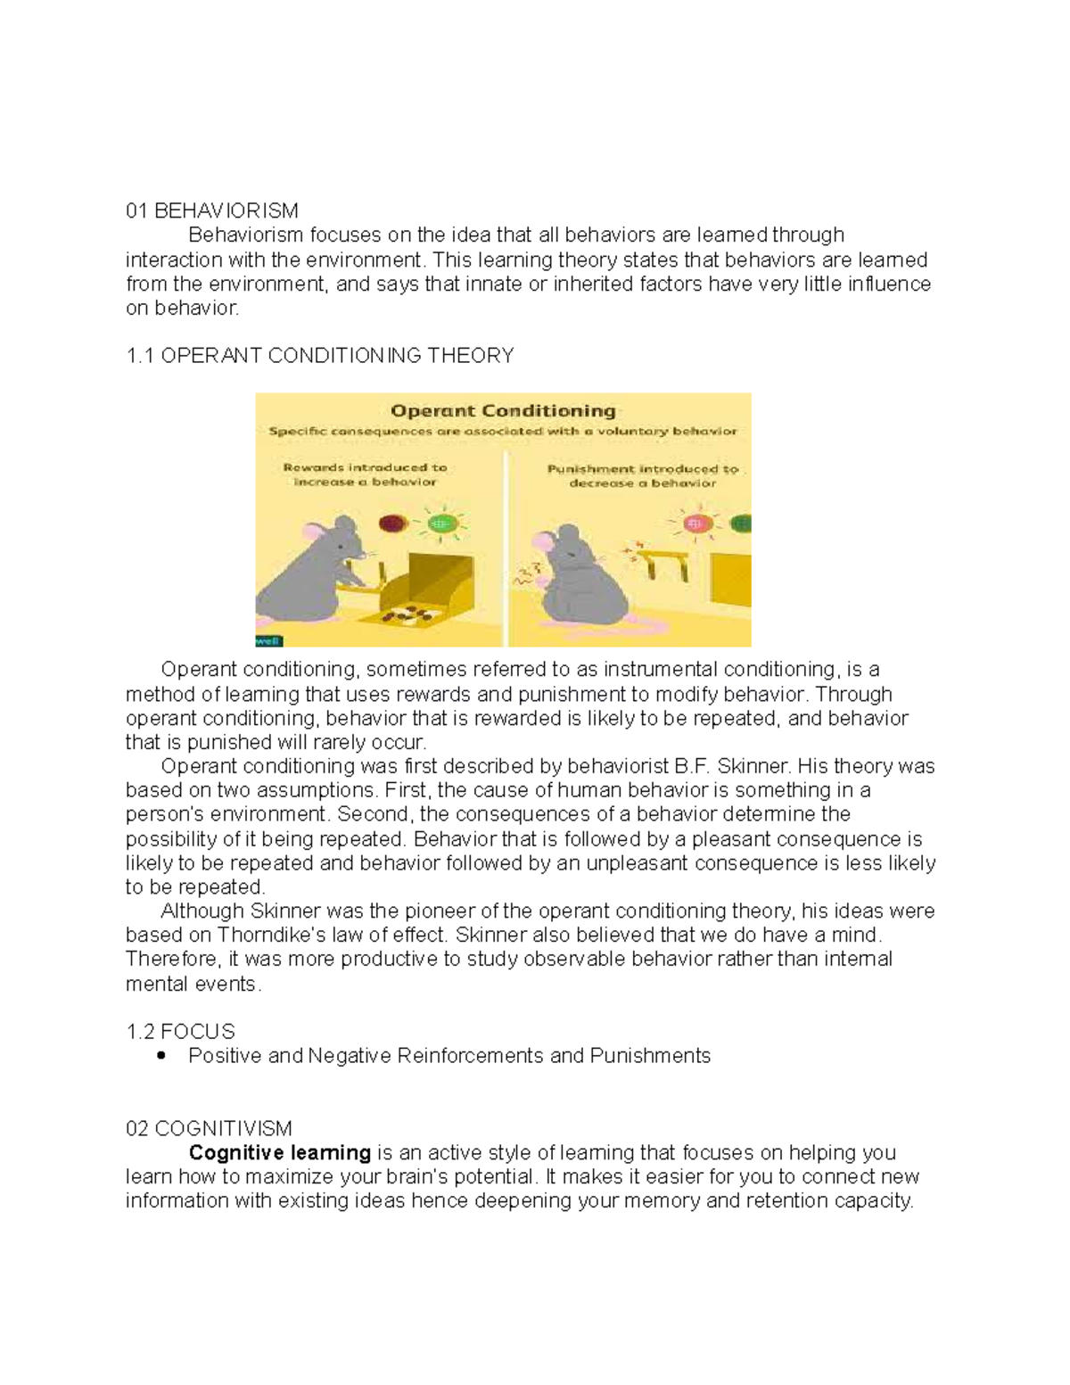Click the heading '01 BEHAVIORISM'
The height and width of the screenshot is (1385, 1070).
[212, 211]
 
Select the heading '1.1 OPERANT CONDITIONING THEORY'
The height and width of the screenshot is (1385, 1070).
[320, 356]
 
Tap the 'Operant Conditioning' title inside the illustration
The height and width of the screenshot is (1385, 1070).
[503, 411]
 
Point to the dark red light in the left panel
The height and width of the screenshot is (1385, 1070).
[392, 523]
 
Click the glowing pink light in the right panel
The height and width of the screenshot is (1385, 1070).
[697, 523]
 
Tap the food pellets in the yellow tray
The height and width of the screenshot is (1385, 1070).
[405, 614]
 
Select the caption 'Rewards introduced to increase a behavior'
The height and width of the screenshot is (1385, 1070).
[365, 474]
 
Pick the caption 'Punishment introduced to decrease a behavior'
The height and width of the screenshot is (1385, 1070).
[642, 475]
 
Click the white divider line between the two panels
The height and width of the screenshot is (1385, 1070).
[506, 553]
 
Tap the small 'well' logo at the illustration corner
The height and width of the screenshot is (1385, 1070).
[267, 639]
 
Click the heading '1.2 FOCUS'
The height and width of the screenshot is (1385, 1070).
[180, 1032]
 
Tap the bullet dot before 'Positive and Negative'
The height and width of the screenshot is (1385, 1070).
[161, 1056]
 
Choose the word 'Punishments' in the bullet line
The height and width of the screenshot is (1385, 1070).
[650, 1056]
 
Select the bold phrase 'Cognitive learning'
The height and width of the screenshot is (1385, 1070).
[279, 1153]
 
